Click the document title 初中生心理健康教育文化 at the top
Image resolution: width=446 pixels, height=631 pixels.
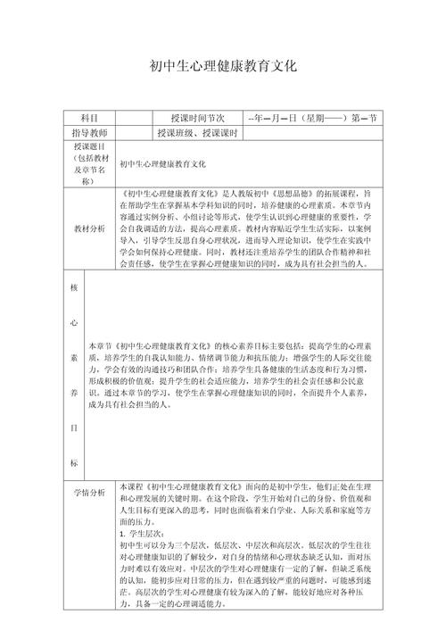[x=223, y=67]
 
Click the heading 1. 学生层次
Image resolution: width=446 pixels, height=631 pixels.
[x=140, y=532]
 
